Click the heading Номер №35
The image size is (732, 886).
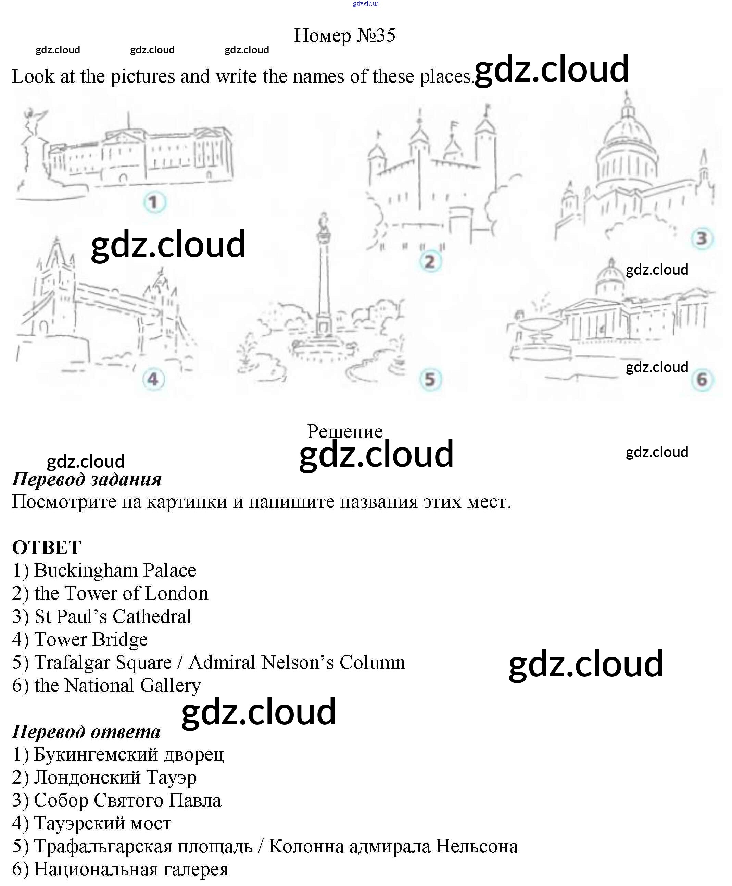coord(344,35)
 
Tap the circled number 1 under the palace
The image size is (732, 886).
coord(154,202)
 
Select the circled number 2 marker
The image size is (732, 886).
coord(430,261)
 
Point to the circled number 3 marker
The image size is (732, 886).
coord(702,238)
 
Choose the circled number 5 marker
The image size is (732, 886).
coord(430,379)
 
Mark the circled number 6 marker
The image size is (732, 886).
coord(702,379)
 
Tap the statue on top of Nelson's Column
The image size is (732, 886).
coord(324,223)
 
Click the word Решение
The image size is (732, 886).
coord(344,431)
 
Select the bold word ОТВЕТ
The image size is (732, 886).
coord(46,547)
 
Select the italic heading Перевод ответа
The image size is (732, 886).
coord(86,731)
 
